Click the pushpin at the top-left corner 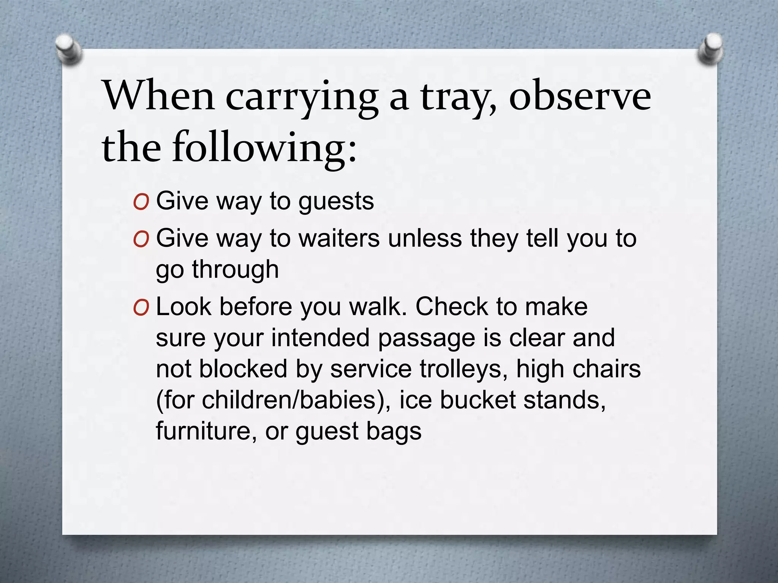click(x=68, y=49)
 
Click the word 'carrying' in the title click(x=302, y=98)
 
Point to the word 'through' click(x=235, y=269)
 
